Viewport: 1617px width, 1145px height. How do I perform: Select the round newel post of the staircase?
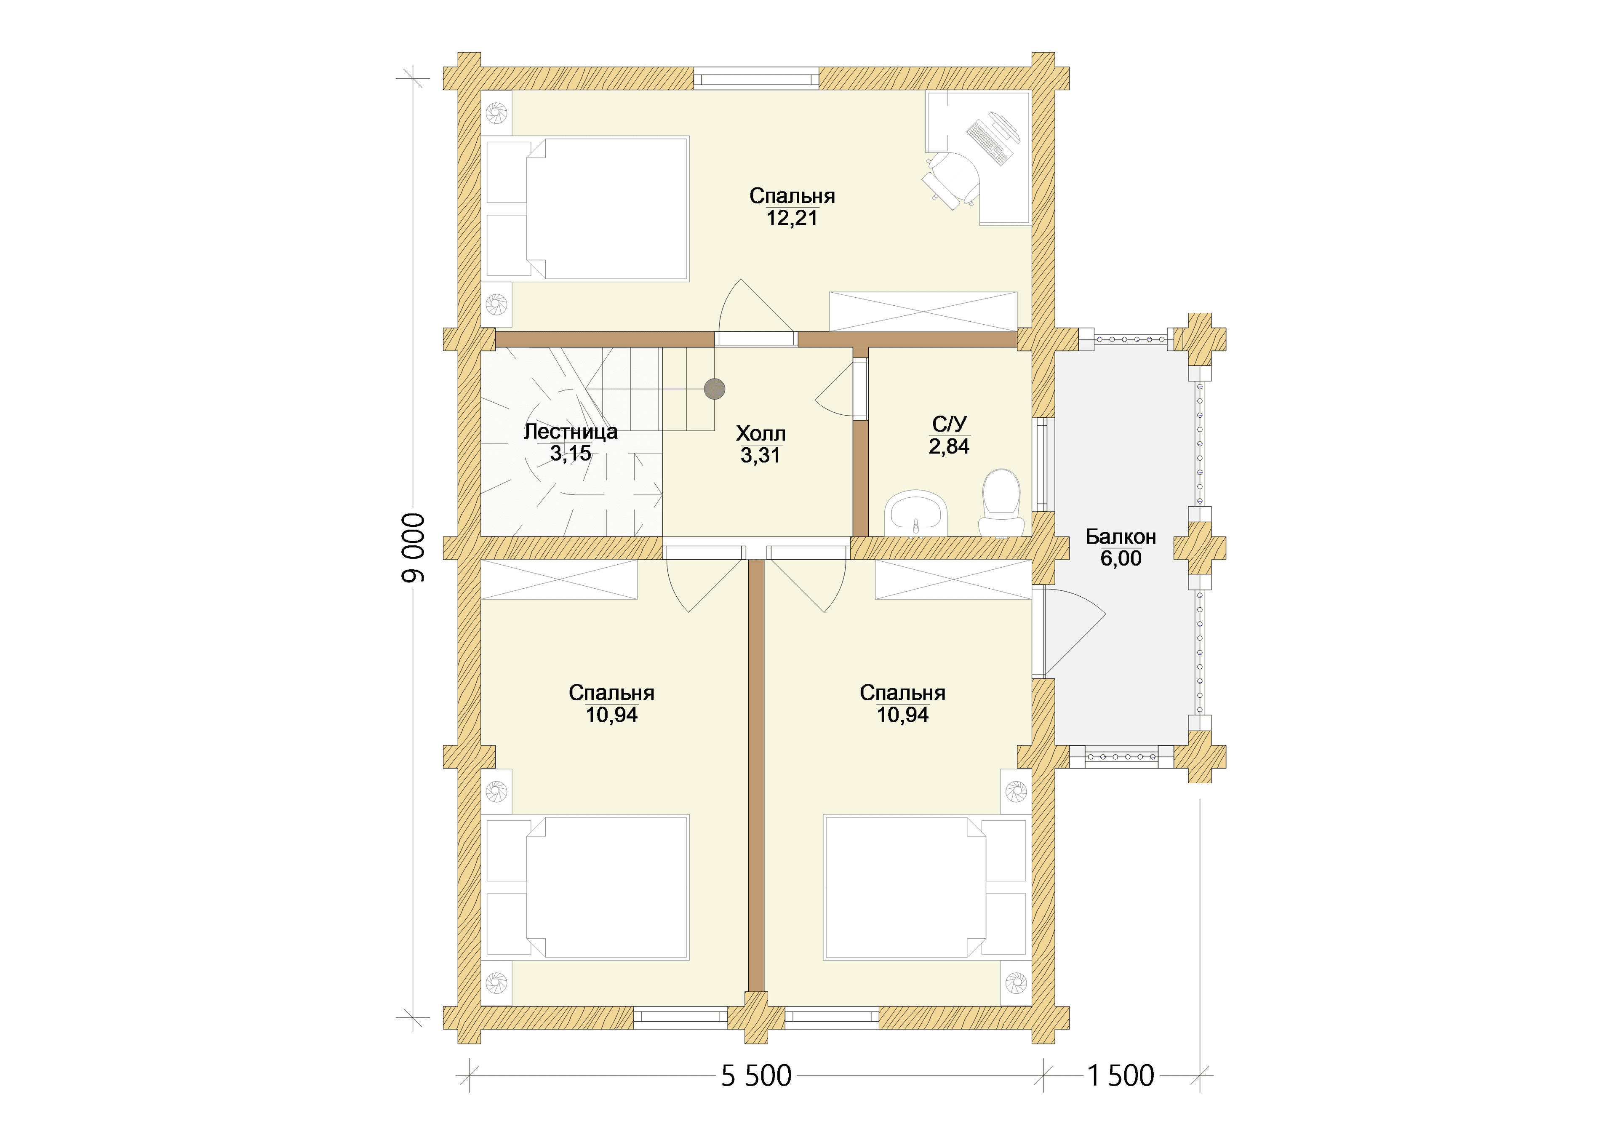[x=715, y=389]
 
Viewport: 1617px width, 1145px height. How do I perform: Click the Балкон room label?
[x=1121, y=536]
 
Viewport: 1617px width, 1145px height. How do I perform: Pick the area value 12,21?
[x=792, y=218]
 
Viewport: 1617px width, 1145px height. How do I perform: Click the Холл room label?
[x=760, y=434]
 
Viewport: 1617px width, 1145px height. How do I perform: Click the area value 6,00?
[x=1121, y=558]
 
